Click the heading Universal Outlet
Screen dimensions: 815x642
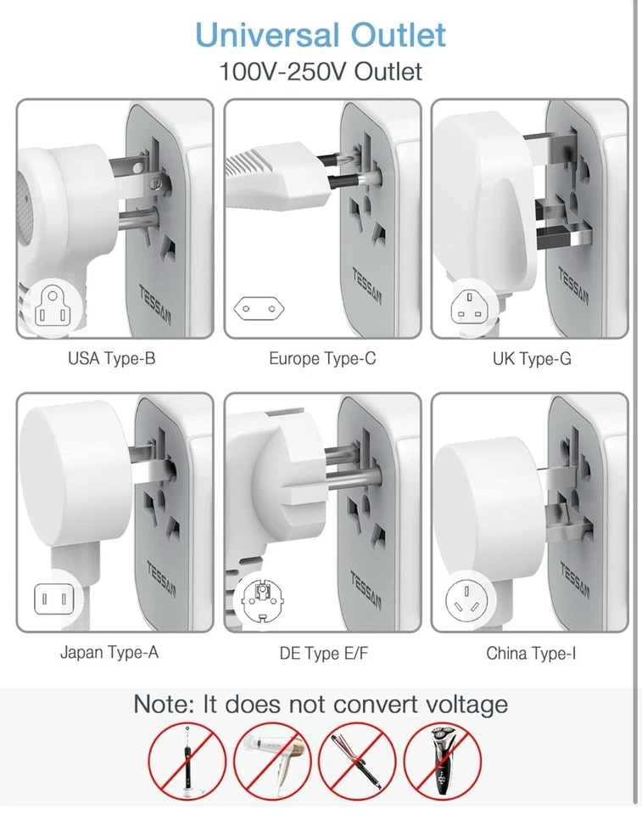tap(321, 35)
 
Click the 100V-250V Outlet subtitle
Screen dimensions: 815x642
tap(321, 71)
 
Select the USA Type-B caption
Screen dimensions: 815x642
tap(111, 359)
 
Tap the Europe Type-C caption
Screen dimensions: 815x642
tap(322, 359)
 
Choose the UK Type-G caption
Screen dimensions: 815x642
tap(532, 359)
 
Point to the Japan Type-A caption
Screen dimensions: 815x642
tap(109, 653)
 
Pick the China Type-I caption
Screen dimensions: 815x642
tap(531, 654)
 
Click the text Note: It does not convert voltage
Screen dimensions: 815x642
tap(321, 704)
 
